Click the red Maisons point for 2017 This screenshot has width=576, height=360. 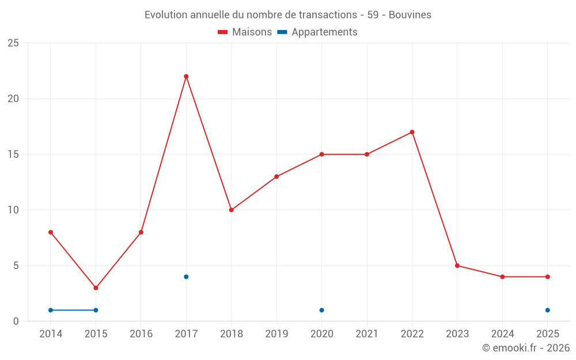(186, 77)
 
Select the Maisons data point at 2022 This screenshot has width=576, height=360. (412, 132)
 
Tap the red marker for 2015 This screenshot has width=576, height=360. (96, 288)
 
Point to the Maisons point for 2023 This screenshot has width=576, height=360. (457, 266)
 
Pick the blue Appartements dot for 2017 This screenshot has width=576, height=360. (186, 277)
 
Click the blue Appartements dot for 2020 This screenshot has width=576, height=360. (321, 310)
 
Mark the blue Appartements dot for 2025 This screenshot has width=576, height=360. (548, 310)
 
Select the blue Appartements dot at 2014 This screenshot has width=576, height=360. (51, 310)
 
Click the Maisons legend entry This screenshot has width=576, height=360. (245, 32)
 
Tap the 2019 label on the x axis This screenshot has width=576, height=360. (276, 334)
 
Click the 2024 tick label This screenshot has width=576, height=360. (502, 334)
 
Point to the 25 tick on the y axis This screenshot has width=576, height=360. (13, 43)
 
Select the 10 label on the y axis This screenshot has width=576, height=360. (13, 210)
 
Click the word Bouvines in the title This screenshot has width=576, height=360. (410, 15)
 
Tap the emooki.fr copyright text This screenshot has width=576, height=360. (526, 348)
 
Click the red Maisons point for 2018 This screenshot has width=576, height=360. (231, 210)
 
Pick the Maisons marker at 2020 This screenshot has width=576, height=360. (321, 154)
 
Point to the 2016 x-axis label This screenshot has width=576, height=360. (141, 334)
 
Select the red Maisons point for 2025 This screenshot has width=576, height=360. (548, 277)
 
